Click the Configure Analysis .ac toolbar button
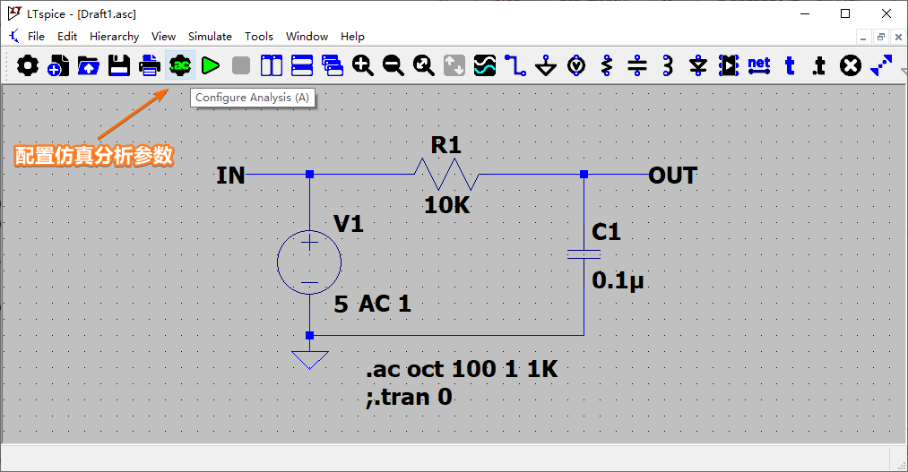[x=180, y=65]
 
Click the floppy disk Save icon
[x=119, y=65]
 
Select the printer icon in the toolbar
[x=150, y=65]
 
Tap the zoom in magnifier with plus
[x=362, y=65]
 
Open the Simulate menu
[x=210, y=37]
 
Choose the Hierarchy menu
[x=114, y=37]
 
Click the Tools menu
[x=258, y=37]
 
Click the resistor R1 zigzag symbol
[x=446, y=174]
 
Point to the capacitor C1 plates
[x=584, y=254]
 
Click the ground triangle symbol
[x=310, y=359]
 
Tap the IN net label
[x=230, y=176]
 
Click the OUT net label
[x=672, y=176]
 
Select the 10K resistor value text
[x=447, y=205]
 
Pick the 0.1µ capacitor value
[x=618, y=280]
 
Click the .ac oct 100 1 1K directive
[x=462, y=369]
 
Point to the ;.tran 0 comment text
[x=409, y=398]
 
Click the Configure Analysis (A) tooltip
[x=253, y=98]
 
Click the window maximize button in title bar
[x=845, y=14]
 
